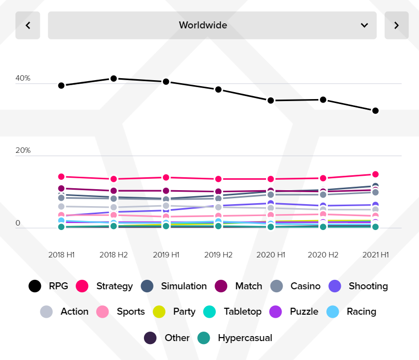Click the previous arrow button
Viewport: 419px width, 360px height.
click(x=28, y=25)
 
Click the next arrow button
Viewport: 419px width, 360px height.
click(x=397, y=25)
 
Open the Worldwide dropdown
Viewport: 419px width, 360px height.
click(x=212, y=25)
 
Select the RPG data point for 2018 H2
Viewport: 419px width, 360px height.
click(x=114, y=78)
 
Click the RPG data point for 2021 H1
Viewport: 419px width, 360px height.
click(x=375, y=111)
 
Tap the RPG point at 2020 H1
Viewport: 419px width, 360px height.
click(x=271, y=101)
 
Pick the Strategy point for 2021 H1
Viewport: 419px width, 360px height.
click(x=375, y=174)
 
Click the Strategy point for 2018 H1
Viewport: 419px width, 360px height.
click(x=61, y=177)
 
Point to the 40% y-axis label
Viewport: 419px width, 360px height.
click(x=23, y=78)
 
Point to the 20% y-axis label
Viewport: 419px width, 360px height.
click(x=23, y=150)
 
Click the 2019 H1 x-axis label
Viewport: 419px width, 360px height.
click(x=166, y=254)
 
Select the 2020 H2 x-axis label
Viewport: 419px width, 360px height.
click(x=323, y=254)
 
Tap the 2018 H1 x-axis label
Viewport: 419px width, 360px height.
click(x=61, y=254)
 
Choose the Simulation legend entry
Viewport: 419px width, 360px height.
click(x=174, y=286)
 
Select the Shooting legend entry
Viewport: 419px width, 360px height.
click(x=358, y=286)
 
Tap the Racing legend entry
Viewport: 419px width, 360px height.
click(x=351, y=312)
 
